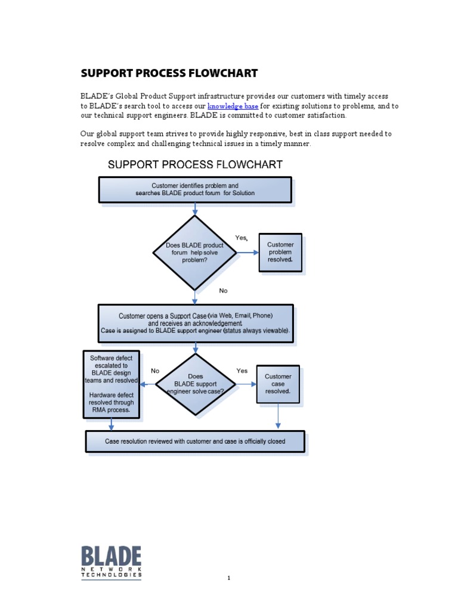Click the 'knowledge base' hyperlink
(233, 106)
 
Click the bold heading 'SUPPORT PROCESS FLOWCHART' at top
(169, 73)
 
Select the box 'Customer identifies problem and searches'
(195, 189)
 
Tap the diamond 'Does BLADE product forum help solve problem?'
(195, 253)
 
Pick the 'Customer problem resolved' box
(280, 253)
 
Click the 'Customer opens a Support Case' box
(196, 323)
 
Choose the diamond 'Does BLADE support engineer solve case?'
(195, 384)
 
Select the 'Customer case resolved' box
(278, 384)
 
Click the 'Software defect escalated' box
(112, 384)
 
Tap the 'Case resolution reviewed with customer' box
(195, 441)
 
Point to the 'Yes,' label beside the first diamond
(241, 238)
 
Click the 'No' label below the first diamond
(223, 291)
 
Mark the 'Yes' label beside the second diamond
(242, 371)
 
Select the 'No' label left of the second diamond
(155, 371)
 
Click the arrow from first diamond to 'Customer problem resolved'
(247, 253)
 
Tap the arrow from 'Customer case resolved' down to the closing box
(278, 416)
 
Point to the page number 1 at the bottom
(228, 578)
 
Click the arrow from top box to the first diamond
(195, 209)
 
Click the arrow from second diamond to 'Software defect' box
(148, 384)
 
